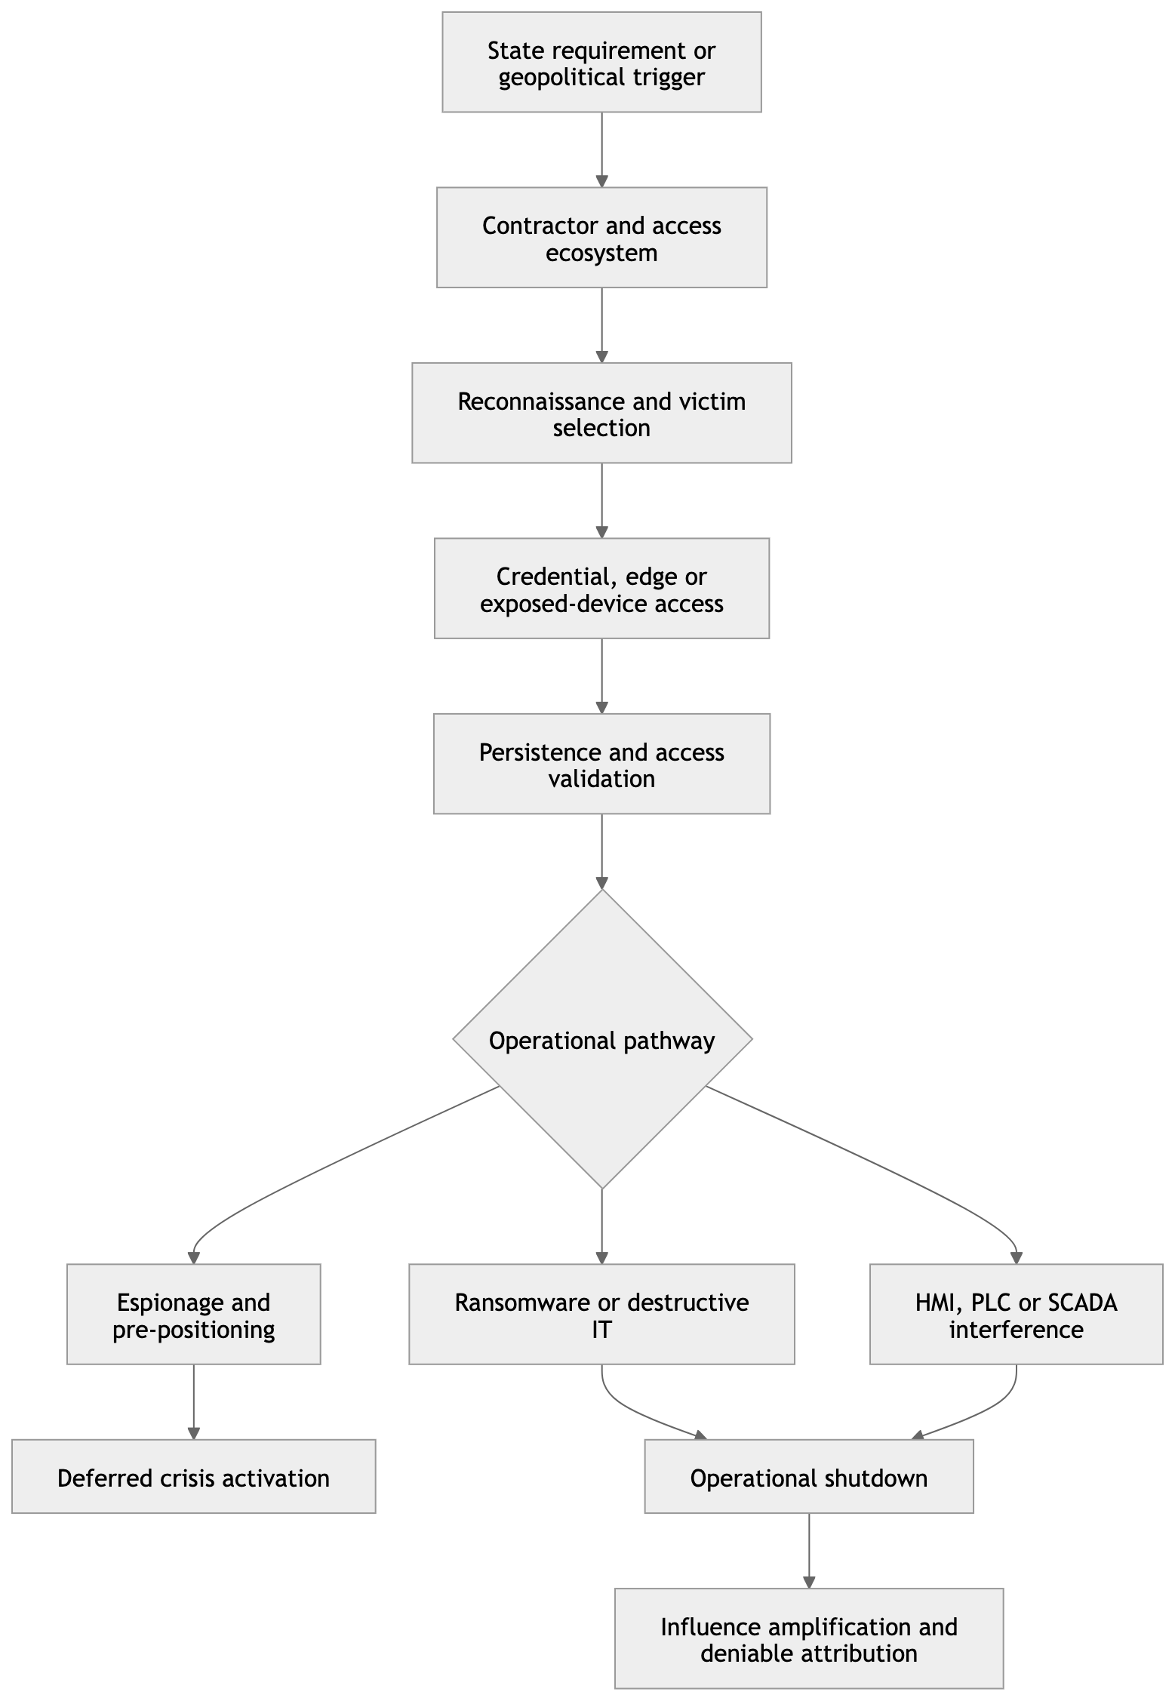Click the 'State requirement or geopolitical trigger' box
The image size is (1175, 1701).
(601, 62)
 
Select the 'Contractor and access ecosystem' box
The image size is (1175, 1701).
(601, 238)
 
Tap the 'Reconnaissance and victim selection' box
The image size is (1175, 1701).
(601, 413)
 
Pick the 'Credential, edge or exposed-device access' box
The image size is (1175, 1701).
(601, 589)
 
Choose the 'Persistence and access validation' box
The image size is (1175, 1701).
(601, 764)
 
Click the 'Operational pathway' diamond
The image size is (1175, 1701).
(602, 1039)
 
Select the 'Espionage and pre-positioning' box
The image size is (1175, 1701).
(194, 1315)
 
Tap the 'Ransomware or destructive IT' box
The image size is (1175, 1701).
(601, 1315)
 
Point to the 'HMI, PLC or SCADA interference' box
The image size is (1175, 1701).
(1016, 1315)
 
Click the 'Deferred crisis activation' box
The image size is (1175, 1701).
(194, 1477)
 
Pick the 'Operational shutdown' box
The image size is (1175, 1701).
(809, 1477)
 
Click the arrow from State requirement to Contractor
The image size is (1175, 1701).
(601, 150)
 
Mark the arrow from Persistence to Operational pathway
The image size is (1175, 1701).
(601, 851)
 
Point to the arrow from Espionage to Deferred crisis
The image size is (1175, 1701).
(194, 1402)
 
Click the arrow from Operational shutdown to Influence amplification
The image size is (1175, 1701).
(809, 1551)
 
